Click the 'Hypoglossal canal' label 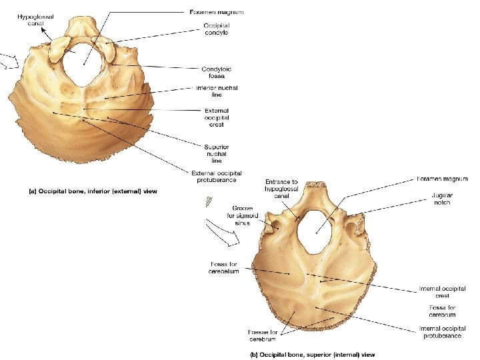tap(35, 19)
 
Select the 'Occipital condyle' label tap(217, 30)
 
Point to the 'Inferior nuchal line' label tap(216, 91)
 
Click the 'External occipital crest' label tap(217, 117)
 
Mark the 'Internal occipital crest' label tap(437, 293)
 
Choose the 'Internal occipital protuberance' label tap(439, 332)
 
